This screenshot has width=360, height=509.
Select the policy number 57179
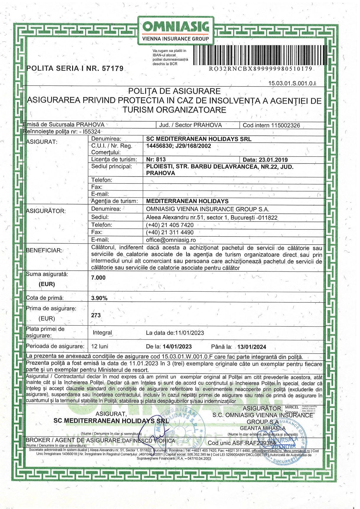(x=113, y=69)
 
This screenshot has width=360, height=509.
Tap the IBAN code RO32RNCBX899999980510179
(x=260, y=69)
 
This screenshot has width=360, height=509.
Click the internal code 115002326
(x=286, y=125)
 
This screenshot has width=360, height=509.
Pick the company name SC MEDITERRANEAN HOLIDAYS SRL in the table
(x=199, y=139)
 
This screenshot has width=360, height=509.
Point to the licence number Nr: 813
(x=156, y=159)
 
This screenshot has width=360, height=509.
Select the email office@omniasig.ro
(x=171, y=240)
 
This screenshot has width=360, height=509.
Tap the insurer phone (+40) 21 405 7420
(x=170, y=225)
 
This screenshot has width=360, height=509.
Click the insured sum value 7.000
(x=98, y=277)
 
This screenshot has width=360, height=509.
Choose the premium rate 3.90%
(x=99, y=298)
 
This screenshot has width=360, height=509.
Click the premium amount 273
(x=96, y=315)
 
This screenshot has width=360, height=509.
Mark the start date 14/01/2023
(x=177, y=347)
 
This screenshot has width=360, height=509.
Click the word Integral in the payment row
(x=102, y=333)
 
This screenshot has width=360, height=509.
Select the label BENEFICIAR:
(x=44, y=250)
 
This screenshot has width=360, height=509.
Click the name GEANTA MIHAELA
(x=263, y=428)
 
